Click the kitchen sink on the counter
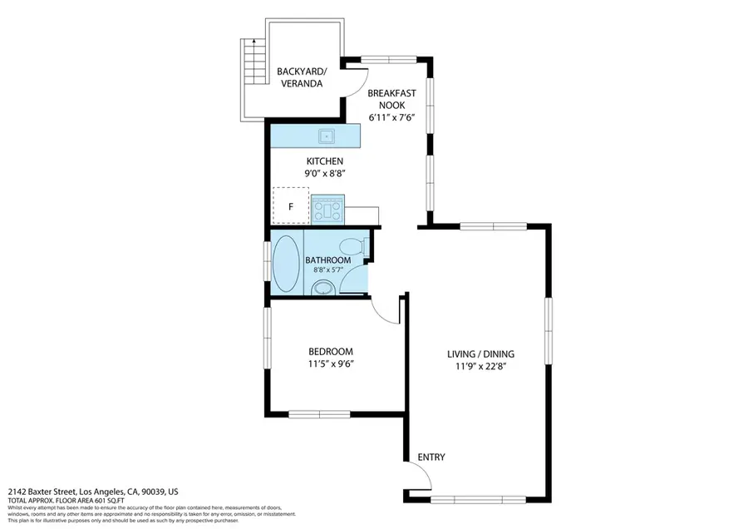[327, 135]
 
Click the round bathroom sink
[322, 288]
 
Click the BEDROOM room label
[330, 351]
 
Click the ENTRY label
[431, 457]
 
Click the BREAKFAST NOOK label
[391, 99]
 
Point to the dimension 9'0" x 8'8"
[324, 174]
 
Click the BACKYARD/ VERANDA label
[299, 77]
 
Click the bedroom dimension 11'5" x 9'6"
[330, 363]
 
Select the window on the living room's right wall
[548, 329]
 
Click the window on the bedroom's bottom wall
[319, 414]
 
